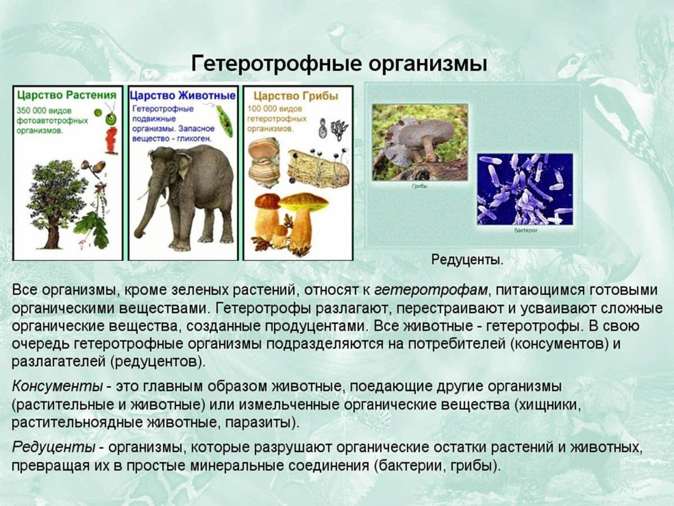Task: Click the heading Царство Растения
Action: click(67, 94)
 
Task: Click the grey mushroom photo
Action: click(420, 142)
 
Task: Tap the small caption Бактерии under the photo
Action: click(525, 231)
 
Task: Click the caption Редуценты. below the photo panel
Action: click(467, 260)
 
